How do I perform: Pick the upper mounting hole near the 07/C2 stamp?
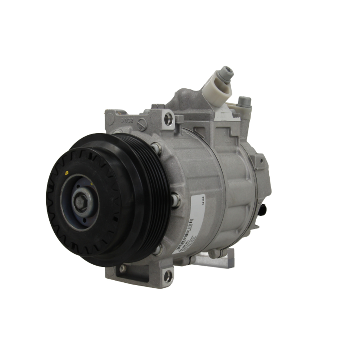(x=168, y=119)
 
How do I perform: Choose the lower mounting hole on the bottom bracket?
(x=168, y=277)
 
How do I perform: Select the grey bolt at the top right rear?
(x=245, y=101)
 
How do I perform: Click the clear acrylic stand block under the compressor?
(x=214, y=259)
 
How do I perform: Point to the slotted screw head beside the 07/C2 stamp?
(x=142, y=125)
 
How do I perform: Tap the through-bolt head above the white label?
(x=176, y=200)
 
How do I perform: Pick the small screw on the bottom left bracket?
(x=123, y=269)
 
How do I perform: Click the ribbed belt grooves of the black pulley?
(x=152, y=199)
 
